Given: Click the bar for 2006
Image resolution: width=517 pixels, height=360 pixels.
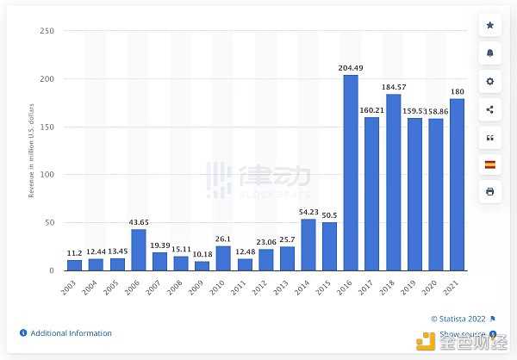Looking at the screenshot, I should (x=138, y=250).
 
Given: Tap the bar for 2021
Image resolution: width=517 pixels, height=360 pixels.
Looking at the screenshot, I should (x=456, y=184).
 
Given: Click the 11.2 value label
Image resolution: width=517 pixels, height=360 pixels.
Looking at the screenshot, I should (x=74, y=253).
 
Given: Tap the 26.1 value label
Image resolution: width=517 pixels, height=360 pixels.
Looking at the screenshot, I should (x=222, y=239).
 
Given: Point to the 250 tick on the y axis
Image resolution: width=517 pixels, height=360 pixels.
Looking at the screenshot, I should (x=47, y=31).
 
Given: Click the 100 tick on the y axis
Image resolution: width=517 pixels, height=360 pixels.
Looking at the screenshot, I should (x=47, y=175).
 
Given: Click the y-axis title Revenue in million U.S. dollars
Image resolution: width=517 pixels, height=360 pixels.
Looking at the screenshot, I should (x=32, y=151).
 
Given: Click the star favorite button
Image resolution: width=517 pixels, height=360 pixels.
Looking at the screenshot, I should (x=489, y=26).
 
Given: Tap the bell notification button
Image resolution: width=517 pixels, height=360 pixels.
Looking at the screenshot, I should (x=489, y=53).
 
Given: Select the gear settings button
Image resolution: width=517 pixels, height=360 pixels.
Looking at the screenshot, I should (x=489, y=81).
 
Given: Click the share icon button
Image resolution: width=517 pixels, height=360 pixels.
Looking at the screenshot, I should (x=489, y=109).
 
